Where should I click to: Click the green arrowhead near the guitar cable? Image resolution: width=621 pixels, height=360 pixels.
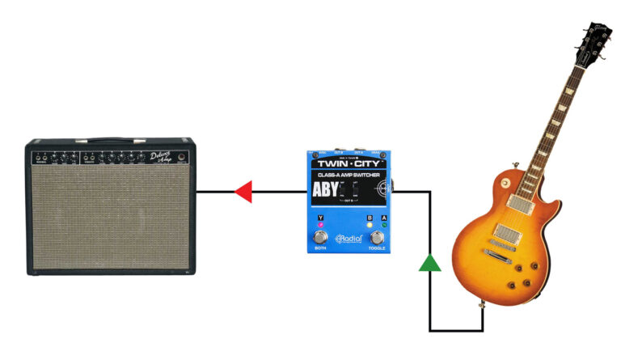[430, 262]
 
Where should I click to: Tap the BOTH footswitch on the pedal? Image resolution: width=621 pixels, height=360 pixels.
[321, 238]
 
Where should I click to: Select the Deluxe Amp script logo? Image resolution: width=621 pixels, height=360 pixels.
[162, 157]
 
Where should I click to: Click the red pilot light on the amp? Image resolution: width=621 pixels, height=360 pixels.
[183, 156]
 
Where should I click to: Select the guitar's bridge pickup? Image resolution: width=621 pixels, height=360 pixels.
[505, 235]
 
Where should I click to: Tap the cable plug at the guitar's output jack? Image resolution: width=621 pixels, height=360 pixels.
[484, 307]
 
